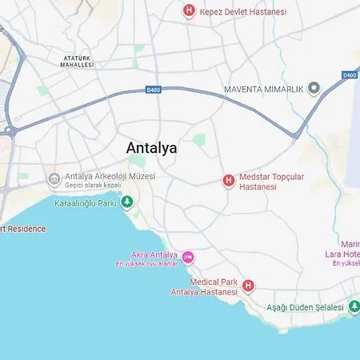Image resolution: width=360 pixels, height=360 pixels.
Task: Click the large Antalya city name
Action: tap(152, 148)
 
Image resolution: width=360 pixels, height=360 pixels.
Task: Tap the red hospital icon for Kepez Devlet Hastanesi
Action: tap(189, 10)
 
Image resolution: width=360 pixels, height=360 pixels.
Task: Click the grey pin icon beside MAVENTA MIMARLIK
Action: tap(314, 89)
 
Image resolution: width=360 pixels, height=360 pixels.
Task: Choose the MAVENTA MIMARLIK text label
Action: tap(263, 89)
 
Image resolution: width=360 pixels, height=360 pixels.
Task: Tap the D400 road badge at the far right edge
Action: tap(350, 74)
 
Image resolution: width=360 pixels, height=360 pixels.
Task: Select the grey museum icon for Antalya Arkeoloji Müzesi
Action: tap(54, 178)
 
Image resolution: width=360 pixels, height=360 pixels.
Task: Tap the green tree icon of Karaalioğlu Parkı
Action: tap(126, 203)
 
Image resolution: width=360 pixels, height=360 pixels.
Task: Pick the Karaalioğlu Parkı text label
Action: tap(86, 203)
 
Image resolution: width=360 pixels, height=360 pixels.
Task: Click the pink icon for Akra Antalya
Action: tap(188, 257)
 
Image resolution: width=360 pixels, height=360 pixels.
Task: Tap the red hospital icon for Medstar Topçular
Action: tap(228, 181)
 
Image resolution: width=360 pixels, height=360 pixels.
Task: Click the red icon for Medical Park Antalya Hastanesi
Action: tap(248, 286)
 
